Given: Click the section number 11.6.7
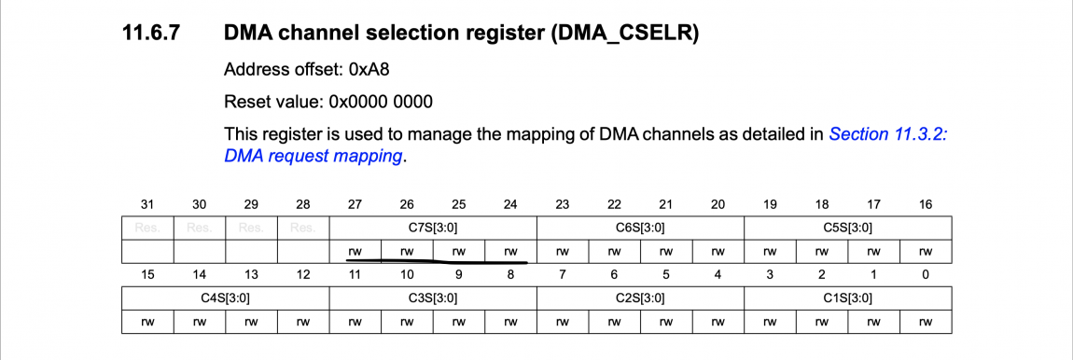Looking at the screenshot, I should (x=152, y=35).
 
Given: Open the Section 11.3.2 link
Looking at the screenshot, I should (x=887, y=133).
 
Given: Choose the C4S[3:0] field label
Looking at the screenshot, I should (x=225, y=298).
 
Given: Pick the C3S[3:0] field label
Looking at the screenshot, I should (x=433, y=298).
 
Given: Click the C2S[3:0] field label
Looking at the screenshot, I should (x=639, y=298).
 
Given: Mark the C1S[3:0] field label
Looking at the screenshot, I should (x=846, y=298).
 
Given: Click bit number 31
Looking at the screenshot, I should (x=146, y=205).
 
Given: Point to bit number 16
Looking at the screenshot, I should (x=925, y=205).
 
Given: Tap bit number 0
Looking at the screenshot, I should (x=925, y=276).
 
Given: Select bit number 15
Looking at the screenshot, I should (x=146, y=276).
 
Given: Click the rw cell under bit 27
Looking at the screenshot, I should (x=355, y=251).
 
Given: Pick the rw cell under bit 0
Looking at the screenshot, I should (x=925, y=322).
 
